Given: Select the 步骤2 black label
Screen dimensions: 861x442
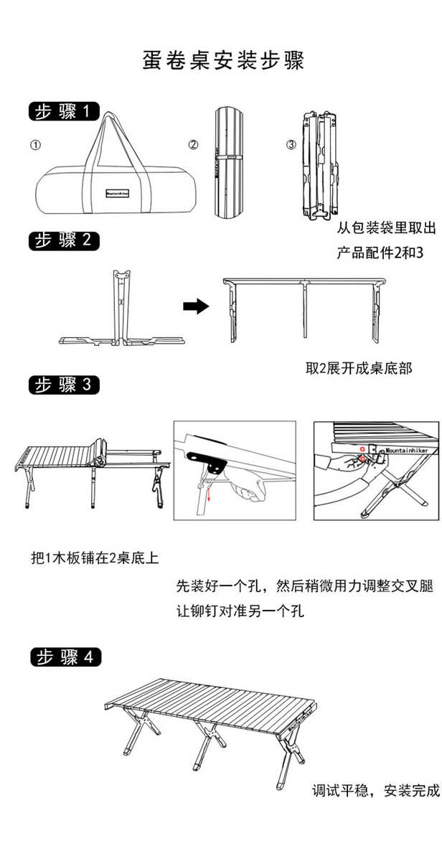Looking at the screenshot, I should click(63, 240).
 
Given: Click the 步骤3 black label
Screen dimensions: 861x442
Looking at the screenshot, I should click(64, 385).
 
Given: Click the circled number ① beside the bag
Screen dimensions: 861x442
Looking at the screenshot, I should click(35, 145).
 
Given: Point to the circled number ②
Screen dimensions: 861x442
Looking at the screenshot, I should click(193, 145).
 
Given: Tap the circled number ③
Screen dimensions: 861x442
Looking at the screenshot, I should click(291, 145).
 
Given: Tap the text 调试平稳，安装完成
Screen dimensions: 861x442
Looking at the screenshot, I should click(375, 791).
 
